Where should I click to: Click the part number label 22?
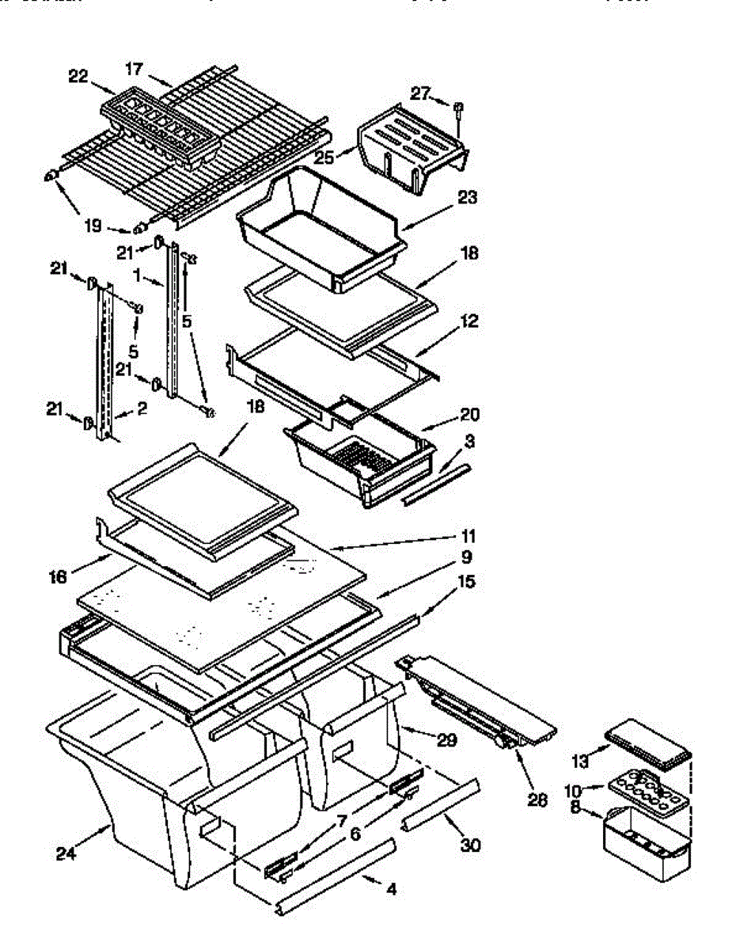pos(78,76)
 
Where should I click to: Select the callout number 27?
pos(419,94)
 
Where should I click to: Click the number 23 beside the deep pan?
pos(467,198)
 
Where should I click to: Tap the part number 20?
pos(469,414)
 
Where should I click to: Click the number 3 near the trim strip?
pos(469,439)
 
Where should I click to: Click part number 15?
pos(467,583)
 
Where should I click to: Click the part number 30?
pos(470,845)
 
